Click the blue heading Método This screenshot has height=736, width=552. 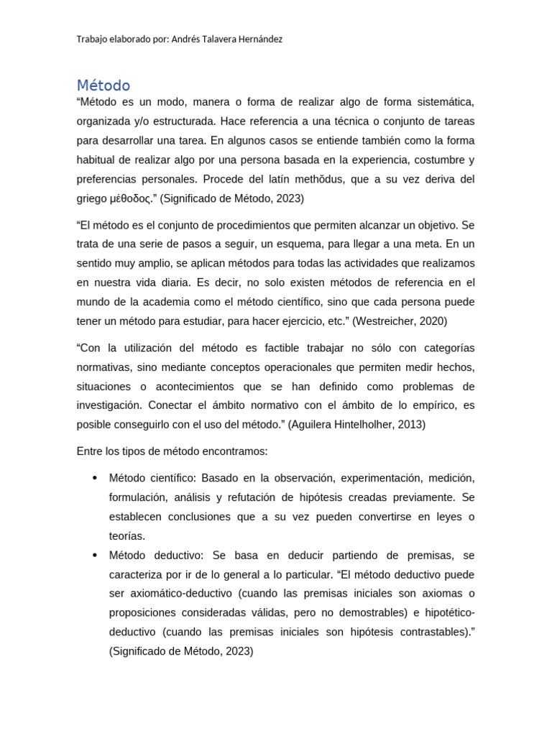[x=103, y=86]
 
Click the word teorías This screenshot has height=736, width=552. [x=127, y=536]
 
